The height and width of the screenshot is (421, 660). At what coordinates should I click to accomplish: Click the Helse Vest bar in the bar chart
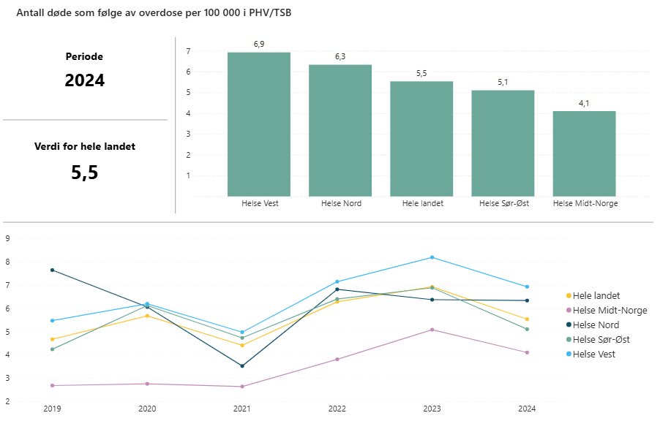(258, 124)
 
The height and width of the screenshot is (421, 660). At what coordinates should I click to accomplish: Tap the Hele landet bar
(421, 139)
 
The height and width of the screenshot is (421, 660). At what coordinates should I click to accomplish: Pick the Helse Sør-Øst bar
(503, 143)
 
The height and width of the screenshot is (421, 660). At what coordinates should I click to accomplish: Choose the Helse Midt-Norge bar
(584, 153)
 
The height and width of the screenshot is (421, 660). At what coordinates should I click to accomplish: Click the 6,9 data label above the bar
(259, 45)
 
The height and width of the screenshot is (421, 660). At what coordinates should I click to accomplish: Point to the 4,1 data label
(584, 103)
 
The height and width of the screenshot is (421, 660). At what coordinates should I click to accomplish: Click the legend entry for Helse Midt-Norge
(610, 311)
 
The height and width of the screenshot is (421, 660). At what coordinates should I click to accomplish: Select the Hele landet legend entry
(596, 296)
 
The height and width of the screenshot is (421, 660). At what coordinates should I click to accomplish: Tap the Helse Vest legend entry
(593, 354)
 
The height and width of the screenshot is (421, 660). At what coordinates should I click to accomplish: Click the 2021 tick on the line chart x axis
(242, 409)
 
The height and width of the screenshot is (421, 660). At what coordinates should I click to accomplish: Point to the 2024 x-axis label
(527, 409)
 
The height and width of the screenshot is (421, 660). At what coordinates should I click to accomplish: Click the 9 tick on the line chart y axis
(7, 238)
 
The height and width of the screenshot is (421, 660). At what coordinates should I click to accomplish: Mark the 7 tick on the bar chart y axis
(188, 51)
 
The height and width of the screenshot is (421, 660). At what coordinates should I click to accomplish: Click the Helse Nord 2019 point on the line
(52, 270)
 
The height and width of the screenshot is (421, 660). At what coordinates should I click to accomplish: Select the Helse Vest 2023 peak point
(432, 257)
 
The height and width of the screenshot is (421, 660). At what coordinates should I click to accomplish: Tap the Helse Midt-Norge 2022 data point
(337, 360)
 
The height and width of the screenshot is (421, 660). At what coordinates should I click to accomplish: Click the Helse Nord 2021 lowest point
(242, 366)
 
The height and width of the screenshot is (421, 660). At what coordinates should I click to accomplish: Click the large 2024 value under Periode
(85, 80)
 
